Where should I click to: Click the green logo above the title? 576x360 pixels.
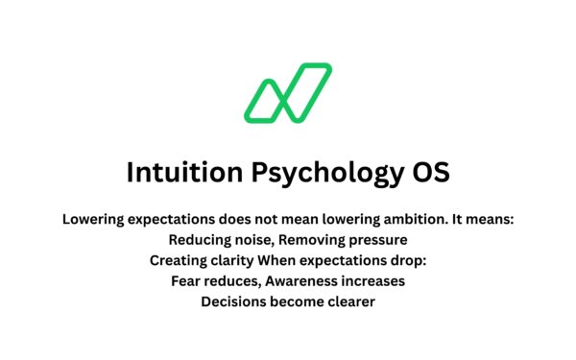coord(287,93)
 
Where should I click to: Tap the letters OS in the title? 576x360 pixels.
coord(429,173)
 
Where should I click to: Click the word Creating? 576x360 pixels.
coord(180,260)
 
